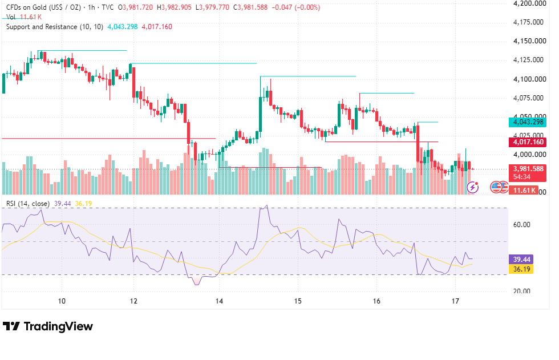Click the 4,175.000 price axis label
click(528, 22)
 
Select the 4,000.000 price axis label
click(529, 155)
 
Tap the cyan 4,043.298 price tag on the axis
click(528, 122)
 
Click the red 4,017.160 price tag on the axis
click(528, 142)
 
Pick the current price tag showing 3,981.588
click(528, 169)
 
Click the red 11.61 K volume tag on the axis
click(524, 191)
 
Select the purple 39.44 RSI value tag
click(521, 259)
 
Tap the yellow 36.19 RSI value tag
click(521, 269)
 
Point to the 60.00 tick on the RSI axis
click(521, 225)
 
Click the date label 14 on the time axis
click(219, 301)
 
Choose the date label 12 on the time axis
click(133, 301)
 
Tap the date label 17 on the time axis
click(455, 301)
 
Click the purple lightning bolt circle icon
click(473, 187)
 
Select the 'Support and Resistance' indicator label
click(42, 27)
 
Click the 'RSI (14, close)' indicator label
click(28, 204)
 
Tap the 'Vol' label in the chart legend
click(11, 17)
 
